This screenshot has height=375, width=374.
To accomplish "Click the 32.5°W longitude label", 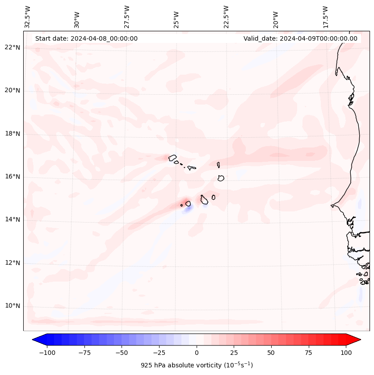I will tap(27, 17).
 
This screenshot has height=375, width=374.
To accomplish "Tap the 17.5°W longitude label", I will tap(325, 17).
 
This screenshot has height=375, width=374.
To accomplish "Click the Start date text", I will tap(86, 38).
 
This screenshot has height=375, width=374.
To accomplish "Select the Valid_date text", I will tap(300, 38).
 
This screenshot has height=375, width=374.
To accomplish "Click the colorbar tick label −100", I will tap(47, 353).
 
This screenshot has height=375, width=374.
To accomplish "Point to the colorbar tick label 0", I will tap(197, 353).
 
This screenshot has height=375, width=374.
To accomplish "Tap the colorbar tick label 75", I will tap(309, 353).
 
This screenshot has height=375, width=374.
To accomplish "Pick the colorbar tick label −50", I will tap(122, 353).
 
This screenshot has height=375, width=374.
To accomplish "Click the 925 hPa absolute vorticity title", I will tap(197, 365).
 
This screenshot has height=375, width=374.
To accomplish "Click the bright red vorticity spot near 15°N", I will tap(185, 202).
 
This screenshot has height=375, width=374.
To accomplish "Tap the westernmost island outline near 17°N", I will tap(172, 157).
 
